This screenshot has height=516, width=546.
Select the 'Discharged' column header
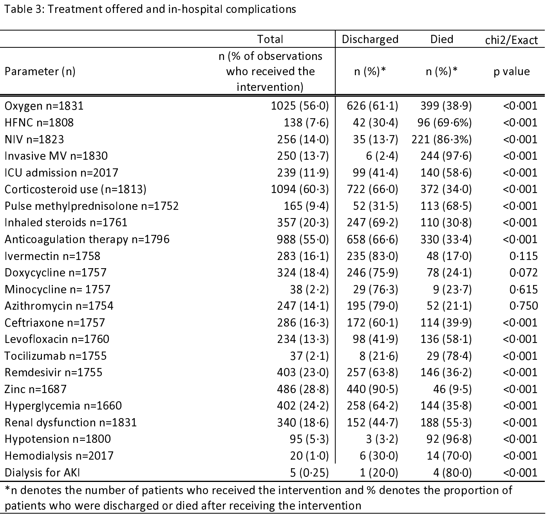tap(370, 40)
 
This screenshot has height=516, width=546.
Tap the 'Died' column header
tap(441, 39)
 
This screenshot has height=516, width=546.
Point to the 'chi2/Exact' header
tap(511, 40)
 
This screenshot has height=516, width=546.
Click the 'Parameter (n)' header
tap(40, 72)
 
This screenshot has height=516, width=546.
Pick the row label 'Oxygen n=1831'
tap(44, 106)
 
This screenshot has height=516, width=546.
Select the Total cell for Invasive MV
tap(303, 156)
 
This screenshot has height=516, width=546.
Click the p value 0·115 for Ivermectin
tap(524, 256)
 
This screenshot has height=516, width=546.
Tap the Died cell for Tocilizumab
tap(449, 356)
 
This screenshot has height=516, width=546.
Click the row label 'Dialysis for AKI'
tap(42, 473)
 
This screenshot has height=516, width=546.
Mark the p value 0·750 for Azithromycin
tap(524, 306)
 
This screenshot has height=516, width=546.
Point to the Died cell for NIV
tap(441, 139)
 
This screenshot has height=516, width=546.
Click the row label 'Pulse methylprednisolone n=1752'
tap(92, 206)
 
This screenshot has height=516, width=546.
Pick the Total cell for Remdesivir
tap(303, 373)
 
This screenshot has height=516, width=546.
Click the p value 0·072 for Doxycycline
tap(524, 273)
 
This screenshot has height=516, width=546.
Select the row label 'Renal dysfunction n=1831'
tap(71, 423)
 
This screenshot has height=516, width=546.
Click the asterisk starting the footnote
tap(7, 489)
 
